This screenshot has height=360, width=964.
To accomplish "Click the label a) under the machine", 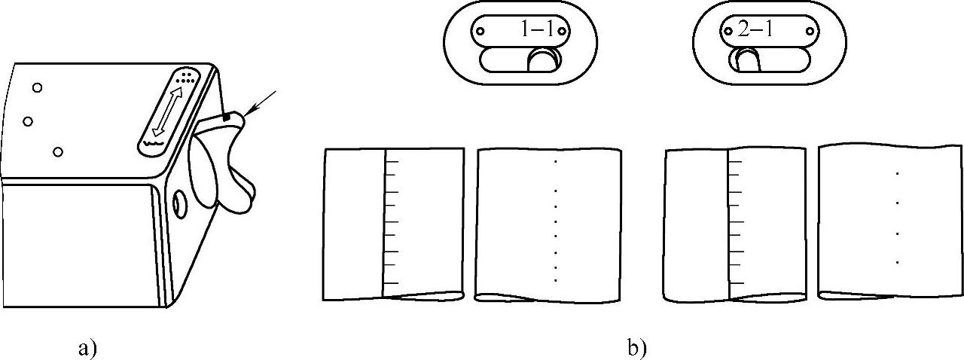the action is (x=88, y=348).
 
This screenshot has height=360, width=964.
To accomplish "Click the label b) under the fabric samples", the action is (x=636, y=348).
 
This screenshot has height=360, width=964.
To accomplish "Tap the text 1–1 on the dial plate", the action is (x=538, y=30).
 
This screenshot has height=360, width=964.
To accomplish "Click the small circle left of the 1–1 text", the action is (x=479, y=31).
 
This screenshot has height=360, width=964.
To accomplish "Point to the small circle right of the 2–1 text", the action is (x=811, y=31).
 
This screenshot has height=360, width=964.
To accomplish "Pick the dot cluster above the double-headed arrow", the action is (x=186, y=77).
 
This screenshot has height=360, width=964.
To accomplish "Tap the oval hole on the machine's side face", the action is (x=179, y=203).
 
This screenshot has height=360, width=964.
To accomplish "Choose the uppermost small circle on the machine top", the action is (x=37, y=88).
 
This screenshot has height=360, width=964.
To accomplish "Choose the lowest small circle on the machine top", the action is (x=57, y=152).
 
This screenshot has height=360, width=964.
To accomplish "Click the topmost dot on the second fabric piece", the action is (x=555, y=161).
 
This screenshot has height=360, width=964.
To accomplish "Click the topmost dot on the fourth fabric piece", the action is (x=897, y=174).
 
